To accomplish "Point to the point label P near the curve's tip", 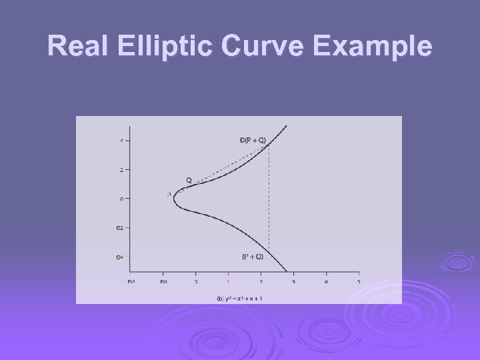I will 169,195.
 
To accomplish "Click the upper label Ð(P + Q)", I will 252,140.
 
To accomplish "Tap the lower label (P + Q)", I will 253,256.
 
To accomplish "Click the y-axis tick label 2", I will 121,169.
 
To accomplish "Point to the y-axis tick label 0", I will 121,198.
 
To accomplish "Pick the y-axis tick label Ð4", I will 120,257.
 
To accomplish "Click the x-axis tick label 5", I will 359,282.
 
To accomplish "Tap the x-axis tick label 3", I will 293,282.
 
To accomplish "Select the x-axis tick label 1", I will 228,282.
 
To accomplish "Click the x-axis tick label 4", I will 326,282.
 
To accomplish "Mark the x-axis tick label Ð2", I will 131,282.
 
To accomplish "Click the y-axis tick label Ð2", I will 120,227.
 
